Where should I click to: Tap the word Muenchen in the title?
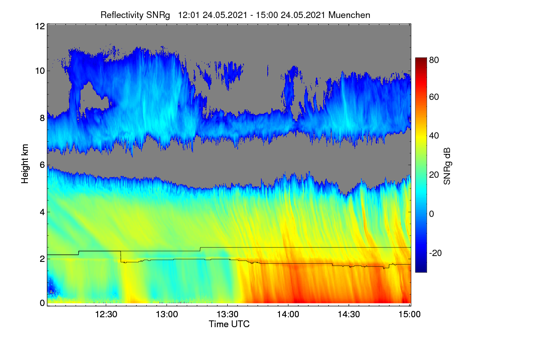click(x=349, y=15)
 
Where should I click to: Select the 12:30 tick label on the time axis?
click(x=106, y=315)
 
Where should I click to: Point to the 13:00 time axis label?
click(x=167, y=315)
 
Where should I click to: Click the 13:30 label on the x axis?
click(x=227, y=315)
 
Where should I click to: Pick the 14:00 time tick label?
click(x=288, y=315)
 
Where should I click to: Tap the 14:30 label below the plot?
click(x=349, y=315)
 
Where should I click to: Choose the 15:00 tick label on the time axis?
click(x=409, y=315)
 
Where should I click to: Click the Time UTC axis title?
click(x=229, y=324)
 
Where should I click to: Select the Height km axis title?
click(x=25, y=164)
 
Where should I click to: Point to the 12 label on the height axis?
click(x=40, y=26)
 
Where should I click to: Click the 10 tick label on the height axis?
click(x=40, y=71)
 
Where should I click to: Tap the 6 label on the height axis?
click(x=42, y=165)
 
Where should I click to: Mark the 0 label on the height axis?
click(x=42, y=303)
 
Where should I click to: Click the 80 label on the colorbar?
click(x=434, y=60)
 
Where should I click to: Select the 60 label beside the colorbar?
click(x=434, y=97)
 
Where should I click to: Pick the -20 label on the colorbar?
click(x=436, y=253)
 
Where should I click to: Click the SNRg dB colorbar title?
click(x=447, y=166)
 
